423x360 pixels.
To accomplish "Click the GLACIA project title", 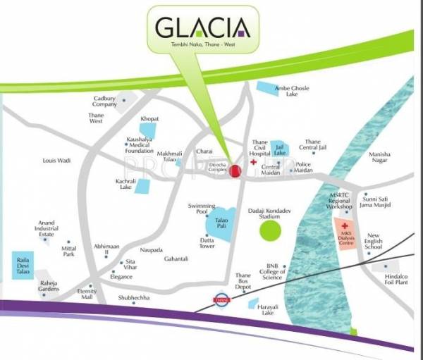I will click(x=202, y=30).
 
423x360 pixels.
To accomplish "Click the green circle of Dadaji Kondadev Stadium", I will click(x=269, y=230).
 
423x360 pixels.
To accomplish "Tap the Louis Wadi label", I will click(x=56, y=161).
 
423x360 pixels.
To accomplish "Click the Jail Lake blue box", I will click(x=279, y=149).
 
